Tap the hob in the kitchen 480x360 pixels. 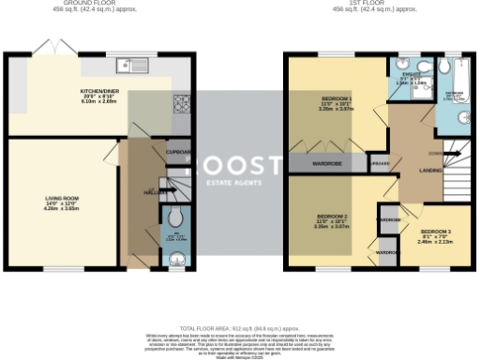[x=179, y=102]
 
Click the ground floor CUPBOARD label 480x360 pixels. [x=179, y=151]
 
